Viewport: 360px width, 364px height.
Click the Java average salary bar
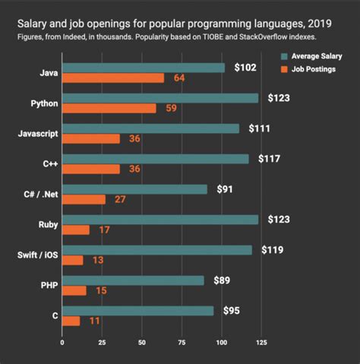click(x=144, y=68)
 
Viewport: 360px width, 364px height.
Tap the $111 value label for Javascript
click(x=259, y=128)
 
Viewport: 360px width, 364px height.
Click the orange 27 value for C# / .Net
click(x=118, y=199)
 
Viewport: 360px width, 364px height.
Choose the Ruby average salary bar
click(x=160, y=220)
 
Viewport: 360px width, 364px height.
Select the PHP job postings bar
click(x=74, y=290)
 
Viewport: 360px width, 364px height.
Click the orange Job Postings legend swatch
click(x=284, y=69)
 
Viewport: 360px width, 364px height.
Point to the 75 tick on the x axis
click(x=182, y=342)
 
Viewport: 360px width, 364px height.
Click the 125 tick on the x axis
click(x=261, y=342)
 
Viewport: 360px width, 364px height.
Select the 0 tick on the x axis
click(x=62, y=342)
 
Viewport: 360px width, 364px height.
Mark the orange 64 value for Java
click(x=179, y=78)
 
